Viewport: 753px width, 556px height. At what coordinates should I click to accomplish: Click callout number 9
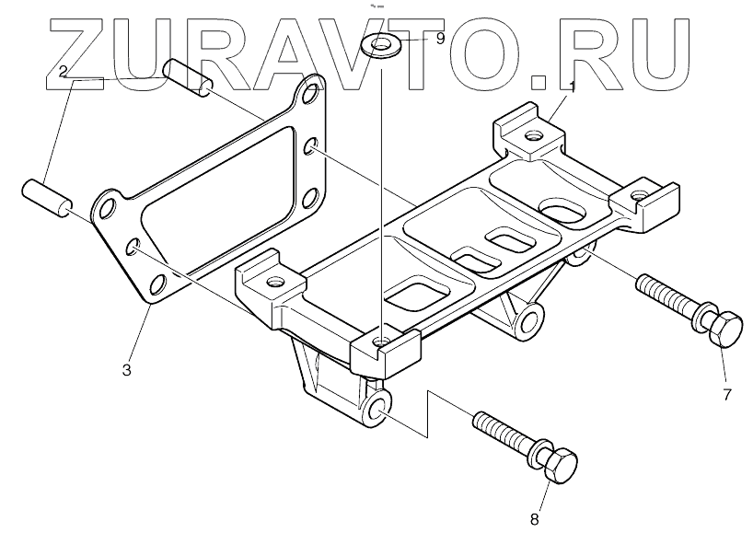pos(440,39)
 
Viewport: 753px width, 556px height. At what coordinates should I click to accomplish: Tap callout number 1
pos(572,87)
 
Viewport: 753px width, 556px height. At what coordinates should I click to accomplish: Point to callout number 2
pos(63,70)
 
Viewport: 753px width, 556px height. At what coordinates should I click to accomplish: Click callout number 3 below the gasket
pos(127,370)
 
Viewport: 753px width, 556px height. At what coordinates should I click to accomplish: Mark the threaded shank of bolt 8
pos(503,431)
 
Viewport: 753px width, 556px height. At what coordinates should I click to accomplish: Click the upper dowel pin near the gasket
pos(188,76)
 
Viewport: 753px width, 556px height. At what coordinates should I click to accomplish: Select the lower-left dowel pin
pos(47,196)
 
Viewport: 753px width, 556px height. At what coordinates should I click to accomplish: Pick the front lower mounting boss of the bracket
pos(376,407)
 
